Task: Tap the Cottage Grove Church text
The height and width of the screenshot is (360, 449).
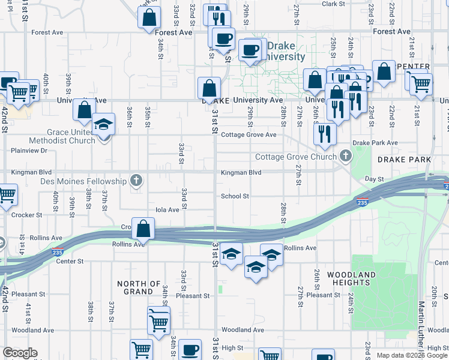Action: coord(297,157)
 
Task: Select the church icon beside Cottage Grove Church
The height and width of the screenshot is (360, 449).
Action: coord(345,157)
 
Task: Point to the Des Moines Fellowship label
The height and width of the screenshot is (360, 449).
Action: coord(84,181)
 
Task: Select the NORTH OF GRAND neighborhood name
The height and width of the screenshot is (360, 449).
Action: coord(139,287)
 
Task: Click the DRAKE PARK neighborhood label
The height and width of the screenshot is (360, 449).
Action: coord(404,160)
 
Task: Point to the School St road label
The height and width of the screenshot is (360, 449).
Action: coord(235,196)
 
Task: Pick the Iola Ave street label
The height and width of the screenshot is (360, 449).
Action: coord(167,210)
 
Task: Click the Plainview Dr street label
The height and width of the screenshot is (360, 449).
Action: coord(27,151)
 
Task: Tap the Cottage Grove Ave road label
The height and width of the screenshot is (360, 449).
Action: coord(249,135)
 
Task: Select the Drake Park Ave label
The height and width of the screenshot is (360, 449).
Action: coord(375,143)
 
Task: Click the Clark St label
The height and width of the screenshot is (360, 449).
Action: coord(334,4)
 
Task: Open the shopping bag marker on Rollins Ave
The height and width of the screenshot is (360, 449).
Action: coord(143,228)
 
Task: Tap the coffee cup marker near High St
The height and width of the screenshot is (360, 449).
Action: coord(190,349)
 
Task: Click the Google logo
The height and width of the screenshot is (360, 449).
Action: coord(20,353)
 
